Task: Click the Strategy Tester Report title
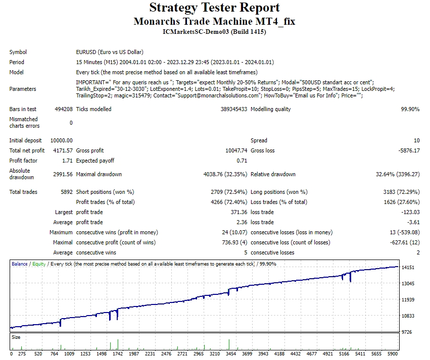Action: pyautogui.click(x=214, y=8)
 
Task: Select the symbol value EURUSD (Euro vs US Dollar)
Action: pyautogui.click(x=110, y=52)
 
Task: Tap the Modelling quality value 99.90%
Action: pyautogui.click(x=410, y=109)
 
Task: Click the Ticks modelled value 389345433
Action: pyautogui.click(x=233, y=109)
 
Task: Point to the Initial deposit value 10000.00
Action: pyautogui.click(x=62, y=140)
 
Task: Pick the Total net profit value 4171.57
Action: pyautogui.click(x=63, y=150)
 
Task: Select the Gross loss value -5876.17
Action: pyautogui.click(x=409, y=150)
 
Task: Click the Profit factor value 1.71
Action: pyautogui.click(x=67, y=161)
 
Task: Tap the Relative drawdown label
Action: pyautogui.click(x=273, y=174)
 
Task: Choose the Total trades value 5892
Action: pyautogui.click(x=67, y=192)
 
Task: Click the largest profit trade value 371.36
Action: pyautogui.click(x=239, y=212)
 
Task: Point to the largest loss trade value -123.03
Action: pyautogui.click(x=410, y=212)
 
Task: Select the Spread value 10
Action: pyautogui.click(x=416, y=140)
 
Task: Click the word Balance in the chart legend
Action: pyautogui.click(x=20, y=264)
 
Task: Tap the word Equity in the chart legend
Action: pyautogui.click(x=39, y=264)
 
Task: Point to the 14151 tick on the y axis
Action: pyautogui.click(x=408, y=268)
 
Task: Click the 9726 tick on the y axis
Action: pyautogui.click(x=407, y=332)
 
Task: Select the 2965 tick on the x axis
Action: pyautogui.click(x=199, y=354)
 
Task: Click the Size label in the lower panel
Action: pyautogui.click(x=16, y=337)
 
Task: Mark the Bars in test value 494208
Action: pyautogui.click(x=64, y=109)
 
